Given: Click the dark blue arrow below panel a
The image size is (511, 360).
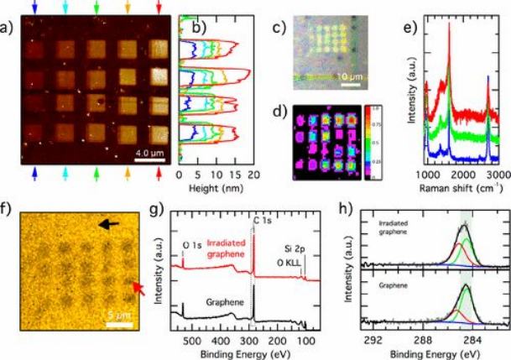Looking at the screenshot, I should point(34,171).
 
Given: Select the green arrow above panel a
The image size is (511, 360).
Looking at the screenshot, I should point(96,8).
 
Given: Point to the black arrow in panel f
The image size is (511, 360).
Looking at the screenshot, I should point(107,224).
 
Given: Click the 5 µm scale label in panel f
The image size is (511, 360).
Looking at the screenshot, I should point(115,318).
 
